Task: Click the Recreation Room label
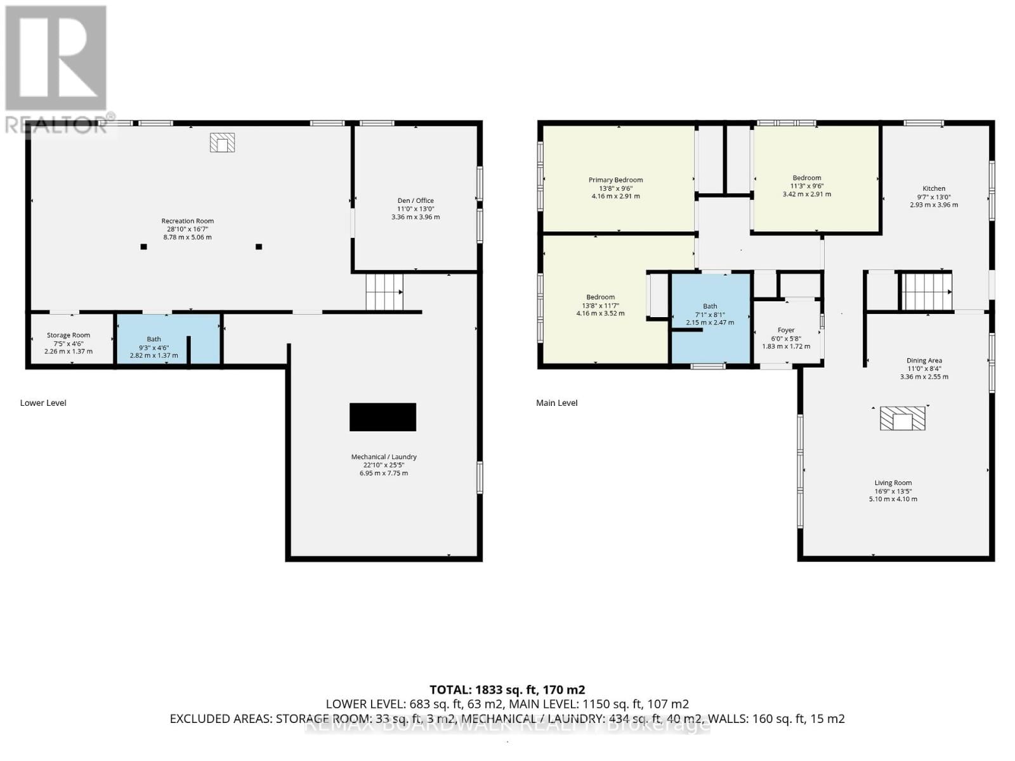(188, 221)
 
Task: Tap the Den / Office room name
(416, 200)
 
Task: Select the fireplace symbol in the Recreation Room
(222, 143)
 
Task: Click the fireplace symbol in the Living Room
(902, 419)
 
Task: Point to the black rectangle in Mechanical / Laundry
(383, 417)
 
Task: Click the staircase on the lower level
(384, 292)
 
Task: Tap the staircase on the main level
(926, 291)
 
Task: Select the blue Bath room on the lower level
(168, 339)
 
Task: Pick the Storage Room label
(69, 335)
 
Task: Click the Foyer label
(786, 330)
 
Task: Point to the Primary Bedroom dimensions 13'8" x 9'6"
(615, 188)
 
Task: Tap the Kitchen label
(934, 188)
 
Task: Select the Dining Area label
(924, 360)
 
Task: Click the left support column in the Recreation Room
(144, 247)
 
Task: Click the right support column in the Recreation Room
(259, 247)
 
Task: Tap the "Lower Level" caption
(43, 403)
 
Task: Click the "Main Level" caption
(557, 403)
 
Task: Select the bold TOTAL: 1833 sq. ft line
(507, 689)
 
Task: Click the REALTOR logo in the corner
(56, 70)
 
